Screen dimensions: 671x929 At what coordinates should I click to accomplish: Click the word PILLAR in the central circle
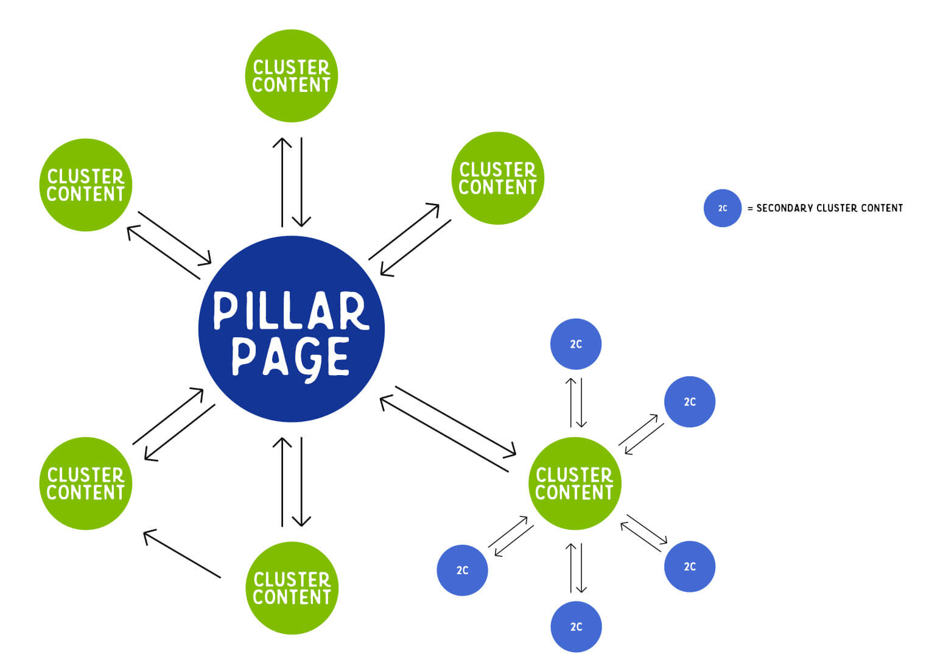pos(291,311)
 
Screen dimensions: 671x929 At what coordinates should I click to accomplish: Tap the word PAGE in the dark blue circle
pos(291,357)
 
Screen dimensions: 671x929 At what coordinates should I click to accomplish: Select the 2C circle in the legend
pos(722,208)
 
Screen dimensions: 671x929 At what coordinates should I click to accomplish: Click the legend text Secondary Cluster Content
pos(829,208)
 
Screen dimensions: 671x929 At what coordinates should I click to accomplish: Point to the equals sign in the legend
pos(750,208)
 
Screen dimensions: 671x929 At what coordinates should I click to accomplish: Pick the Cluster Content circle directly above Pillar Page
pos(292,76)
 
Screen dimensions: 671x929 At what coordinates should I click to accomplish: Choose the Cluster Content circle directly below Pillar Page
pos(292,588)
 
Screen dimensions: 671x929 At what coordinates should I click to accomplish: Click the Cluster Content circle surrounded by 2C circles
pos(574,483)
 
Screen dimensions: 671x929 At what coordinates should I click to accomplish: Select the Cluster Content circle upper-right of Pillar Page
pos(497,178)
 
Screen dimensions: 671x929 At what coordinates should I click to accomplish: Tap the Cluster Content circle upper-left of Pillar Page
pos(86,185)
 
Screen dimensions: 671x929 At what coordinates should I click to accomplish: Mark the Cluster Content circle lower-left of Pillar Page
pos(86,483)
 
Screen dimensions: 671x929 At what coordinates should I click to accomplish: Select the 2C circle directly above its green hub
pos(576,344)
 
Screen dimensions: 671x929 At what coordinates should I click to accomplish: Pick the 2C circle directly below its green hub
pos(576,627)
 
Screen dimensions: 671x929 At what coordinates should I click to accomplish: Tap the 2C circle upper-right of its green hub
pos(689,402)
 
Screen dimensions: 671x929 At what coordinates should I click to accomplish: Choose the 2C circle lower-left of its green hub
pos(462,570)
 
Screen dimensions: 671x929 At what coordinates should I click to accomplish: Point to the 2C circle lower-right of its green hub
pos(689,566)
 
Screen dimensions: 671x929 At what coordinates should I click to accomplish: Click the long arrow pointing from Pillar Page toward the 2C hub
pos(455,420)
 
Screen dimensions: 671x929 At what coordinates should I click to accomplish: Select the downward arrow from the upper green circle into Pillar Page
pos(301,181)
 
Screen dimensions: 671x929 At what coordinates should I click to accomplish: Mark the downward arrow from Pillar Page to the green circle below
pos(301,481)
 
